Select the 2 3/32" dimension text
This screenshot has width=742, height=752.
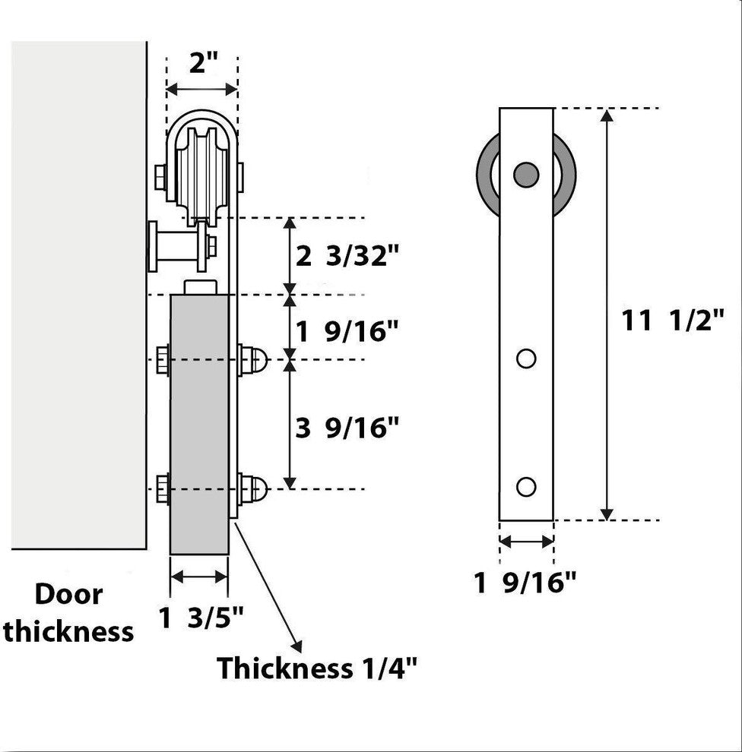(x=347, y=257)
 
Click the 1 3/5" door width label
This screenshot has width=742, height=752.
(x=201, y=618)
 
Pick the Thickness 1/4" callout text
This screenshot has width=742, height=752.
(x=317, y=668)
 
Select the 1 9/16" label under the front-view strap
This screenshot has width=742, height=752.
(x=525, y=583)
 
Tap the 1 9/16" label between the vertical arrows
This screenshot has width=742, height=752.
(x=347, y=331)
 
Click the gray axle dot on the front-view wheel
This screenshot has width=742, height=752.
(x=525, y=175)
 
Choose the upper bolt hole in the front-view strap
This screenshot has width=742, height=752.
(x=526, y=358)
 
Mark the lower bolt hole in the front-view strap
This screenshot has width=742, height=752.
(x=526, y=486)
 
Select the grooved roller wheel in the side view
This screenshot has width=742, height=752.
(x=201, y=171)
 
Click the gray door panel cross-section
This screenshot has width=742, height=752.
(x=199, y=425)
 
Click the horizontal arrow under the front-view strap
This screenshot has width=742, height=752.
(x=526, y=542)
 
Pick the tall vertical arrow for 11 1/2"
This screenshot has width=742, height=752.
(x=607, y=314)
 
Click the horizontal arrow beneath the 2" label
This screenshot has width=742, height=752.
(x=201, y=90)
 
